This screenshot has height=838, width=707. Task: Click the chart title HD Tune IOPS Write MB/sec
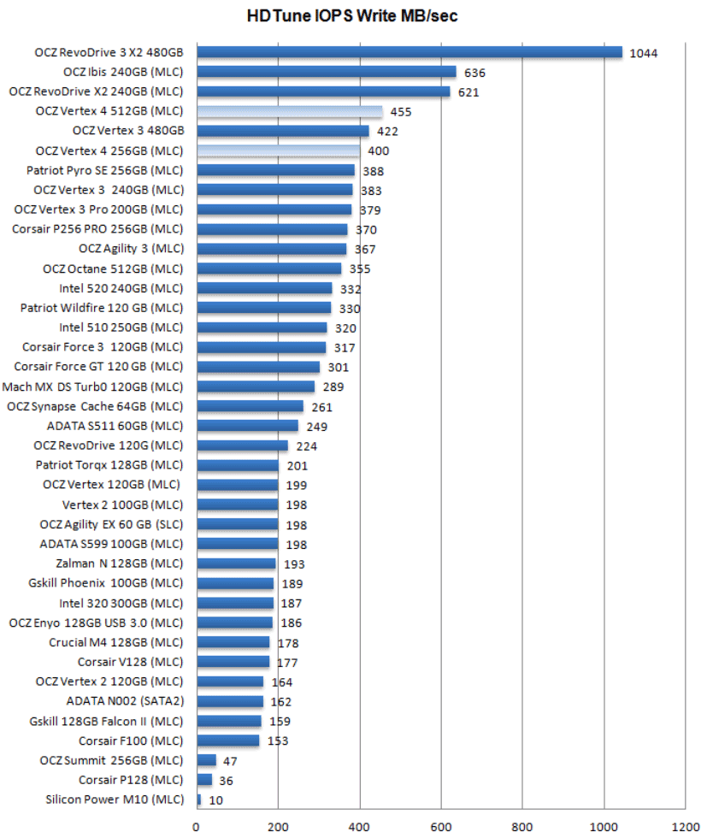click(352, 15)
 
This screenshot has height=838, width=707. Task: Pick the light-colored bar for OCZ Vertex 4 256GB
click(278, 150)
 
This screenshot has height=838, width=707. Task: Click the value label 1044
click(643, 53)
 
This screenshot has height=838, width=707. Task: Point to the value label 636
click(474, 73)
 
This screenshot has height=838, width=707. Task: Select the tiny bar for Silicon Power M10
click(199, 800)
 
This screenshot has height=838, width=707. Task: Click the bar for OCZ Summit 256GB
click(206, 760)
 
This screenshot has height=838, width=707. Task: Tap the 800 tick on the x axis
click(522, 827)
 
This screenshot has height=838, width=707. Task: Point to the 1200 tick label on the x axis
click(685, 827)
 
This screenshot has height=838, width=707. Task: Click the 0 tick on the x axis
click(197, 827)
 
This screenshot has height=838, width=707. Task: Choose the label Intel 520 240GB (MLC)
click(121, 288)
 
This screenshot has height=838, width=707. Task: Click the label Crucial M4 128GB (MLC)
click(115, 642)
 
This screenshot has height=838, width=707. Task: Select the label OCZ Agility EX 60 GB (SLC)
click(111, 524)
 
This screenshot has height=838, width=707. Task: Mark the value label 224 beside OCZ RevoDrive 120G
click(307, 446)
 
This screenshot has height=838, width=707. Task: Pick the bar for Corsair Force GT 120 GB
click(257, 367)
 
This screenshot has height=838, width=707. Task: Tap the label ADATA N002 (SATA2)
click(124, 701)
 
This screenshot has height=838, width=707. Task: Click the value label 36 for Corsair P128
click(227, 781)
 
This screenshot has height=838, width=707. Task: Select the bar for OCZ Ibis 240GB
click(326, 72)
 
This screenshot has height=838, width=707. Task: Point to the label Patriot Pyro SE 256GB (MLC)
click(104, 170)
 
